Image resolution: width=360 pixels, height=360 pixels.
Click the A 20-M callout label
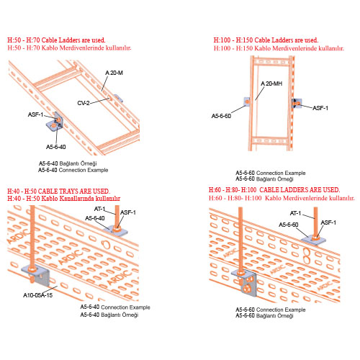114,73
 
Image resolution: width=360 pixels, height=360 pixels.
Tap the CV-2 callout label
84,103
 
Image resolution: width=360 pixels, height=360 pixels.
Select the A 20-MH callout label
271,84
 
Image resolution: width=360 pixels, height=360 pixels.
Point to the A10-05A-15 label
37,295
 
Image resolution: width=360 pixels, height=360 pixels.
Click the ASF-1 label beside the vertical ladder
320,108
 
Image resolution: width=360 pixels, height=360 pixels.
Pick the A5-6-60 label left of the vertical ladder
221,116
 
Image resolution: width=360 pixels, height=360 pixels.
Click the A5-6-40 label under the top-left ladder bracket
56,147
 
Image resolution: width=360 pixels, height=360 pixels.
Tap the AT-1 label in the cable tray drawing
100,209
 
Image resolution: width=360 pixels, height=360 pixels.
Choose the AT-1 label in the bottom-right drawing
295,213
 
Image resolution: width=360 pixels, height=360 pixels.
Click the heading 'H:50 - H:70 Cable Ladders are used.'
56,40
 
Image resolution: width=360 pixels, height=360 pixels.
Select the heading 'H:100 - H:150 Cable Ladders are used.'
266,40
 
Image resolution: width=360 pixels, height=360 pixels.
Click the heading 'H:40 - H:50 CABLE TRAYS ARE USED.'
58,192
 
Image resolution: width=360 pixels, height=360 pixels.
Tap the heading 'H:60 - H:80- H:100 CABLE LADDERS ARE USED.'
274,190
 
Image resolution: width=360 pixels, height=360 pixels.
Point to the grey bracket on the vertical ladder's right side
297,104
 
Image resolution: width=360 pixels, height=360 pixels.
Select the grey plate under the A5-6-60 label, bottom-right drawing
313,240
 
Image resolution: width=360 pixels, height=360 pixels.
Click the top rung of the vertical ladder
271,62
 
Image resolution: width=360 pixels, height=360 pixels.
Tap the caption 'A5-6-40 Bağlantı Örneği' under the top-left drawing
68,163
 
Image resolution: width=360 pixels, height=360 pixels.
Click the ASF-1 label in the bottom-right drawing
328,222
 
